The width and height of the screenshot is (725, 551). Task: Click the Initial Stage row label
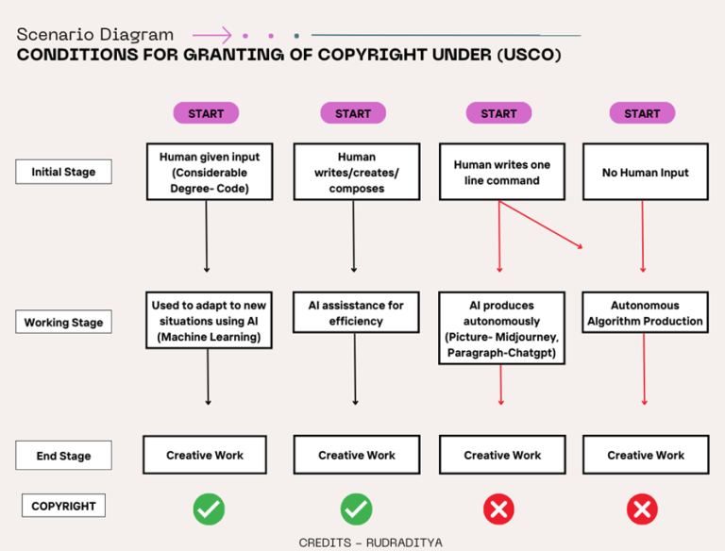coord(63,172)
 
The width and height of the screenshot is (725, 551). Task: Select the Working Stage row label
coord(63,322)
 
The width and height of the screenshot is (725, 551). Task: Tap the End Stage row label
coord(63,456)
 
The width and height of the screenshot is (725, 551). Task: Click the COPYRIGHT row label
coord(63,506)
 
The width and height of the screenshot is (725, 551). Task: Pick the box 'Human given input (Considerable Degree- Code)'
coord(203,172)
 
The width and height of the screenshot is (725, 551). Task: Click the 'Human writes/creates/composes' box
coord(356,172)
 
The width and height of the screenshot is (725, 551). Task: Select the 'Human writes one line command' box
coord(501,172)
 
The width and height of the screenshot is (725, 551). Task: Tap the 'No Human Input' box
coord(645,172)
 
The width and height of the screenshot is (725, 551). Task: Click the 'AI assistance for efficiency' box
coord(356,312)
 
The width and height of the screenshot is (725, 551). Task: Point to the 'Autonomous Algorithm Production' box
coord(645,312)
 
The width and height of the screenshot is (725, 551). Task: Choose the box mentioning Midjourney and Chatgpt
coord(501,328)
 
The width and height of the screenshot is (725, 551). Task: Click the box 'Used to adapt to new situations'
coord(209,321)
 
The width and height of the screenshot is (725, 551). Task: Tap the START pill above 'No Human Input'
coord(642,113)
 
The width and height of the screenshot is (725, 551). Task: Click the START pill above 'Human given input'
coord(206,113)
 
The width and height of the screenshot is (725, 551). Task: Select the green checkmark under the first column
coord(209,509)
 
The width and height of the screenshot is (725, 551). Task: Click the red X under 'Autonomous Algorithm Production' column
coord(642,509)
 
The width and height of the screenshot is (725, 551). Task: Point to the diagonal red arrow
coord(540,225)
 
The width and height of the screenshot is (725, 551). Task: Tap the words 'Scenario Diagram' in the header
coord(94,35)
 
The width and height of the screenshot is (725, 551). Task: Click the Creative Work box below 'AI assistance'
coord(356,455)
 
